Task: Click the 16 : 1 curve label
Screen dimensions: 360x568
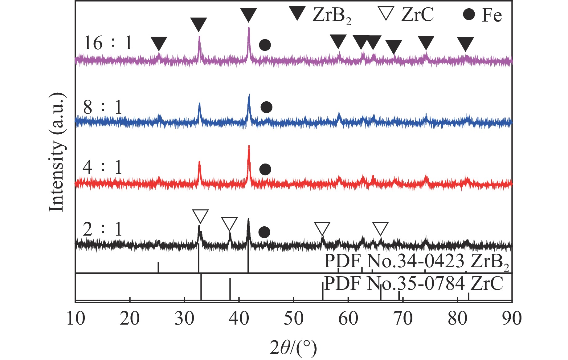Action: pyautogui.click(x=108, y=43)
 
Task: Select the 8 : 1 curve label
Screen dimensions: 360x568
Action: pyautogui.click(x=103, y=107)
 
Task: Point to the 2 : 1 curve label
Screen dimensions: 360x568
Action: pyautogui.click(x=102, y=229)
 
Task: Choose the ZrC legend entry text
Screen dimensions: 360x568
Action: pyautogui.click(x=417, y=14)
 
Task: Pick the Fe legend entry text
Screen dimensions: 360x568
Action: pyautogui.click(x=492, y=15)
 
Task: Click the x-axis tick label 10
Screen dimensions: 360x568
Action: pyautogui.click(x=76, y=318)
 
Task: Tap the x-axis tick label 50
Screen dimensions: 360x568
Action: pyautogui.click(x=293, y=318)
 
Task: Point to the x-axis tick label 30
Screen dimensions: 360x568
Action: pyautogui.click(x=184, y=318)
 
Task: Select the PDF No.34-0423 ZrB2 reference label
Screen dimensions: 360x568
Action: pyautogui.click(x=416, y=262)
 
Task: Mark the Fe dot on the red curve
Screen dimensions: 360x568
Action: pyautogui.click(x=265, y=169)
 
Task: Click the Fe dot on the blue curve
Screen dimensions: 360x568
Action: pyautogui.click(x=266, y=107)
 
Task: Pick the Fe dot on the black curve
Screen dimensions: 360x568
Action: pyautogui.click(x=264, y=232)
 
